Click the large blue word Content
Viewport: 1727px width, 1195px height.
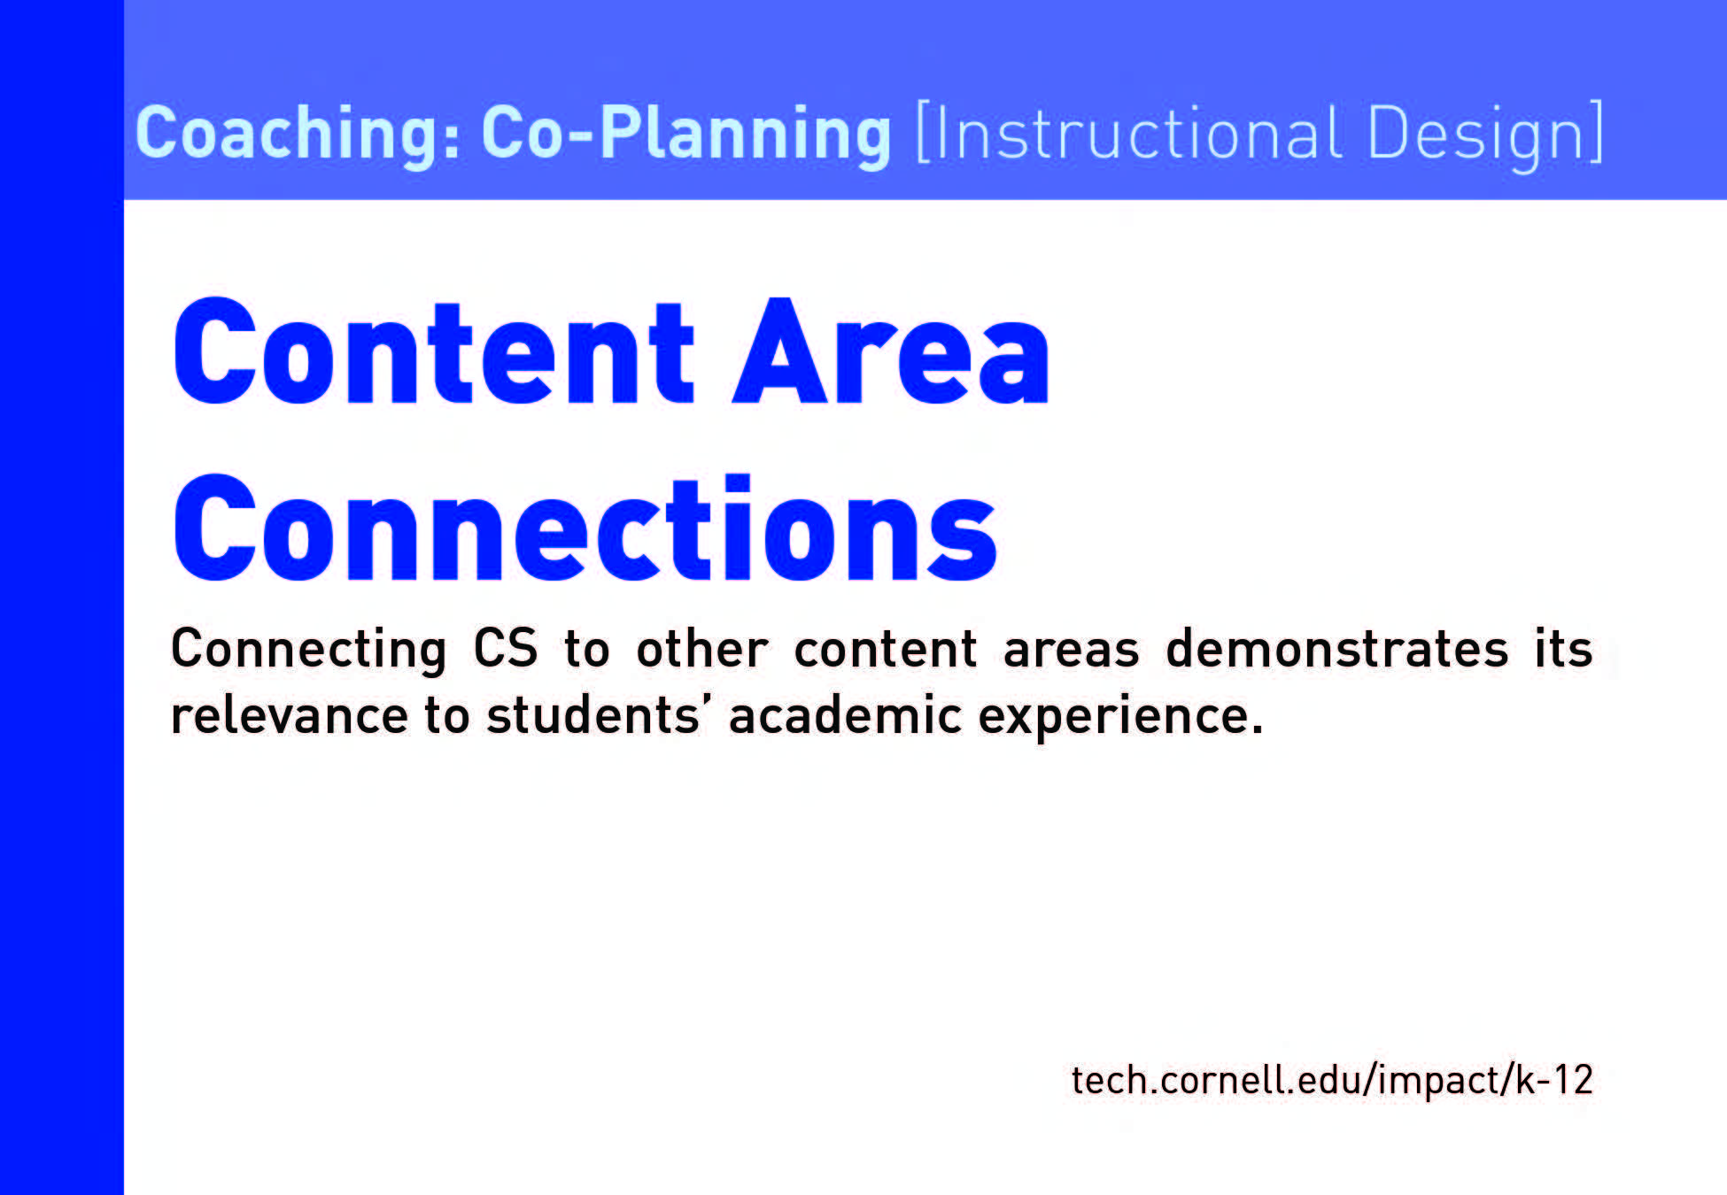(x=434, y=351)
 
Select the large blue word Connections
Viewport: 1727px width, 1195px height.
(x=585, y=528)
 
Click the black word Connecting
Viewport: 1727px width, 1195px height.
(x=309, y=650)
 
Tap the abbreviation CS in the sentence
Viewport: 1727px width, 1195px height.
(x=506, y=648)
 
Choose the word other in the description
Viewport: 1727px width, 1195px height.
(x=702, y=648)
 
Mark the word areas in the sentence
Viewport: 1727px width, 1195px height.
(x=1071, y=650)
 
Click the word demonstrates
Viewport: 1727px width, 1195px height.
(x=1336, y=648)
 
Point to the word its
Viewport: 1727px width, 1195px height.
(x=1564, y=648)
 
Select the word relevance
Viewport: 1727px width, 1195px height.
(x=290, y=715)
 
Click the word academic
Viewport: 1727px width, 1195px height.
(x=845, y=714)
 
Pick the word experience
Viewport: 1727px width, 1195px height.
(x=1120, y=718)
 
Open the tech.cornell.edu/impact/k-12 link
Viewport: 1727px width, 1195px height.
(x=1332, y=1080)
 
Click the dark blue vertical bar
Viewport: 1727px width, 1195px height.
(x=62, y=597)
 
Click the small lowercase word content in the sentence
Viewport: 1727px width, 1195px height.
(x=886, y=650)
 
